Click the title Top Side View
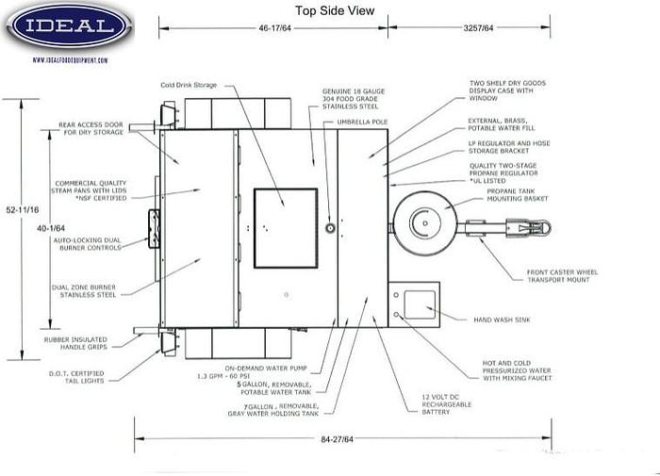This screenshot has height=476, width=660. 335,10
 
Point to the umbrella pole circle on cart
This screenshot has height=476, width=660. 330,229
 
